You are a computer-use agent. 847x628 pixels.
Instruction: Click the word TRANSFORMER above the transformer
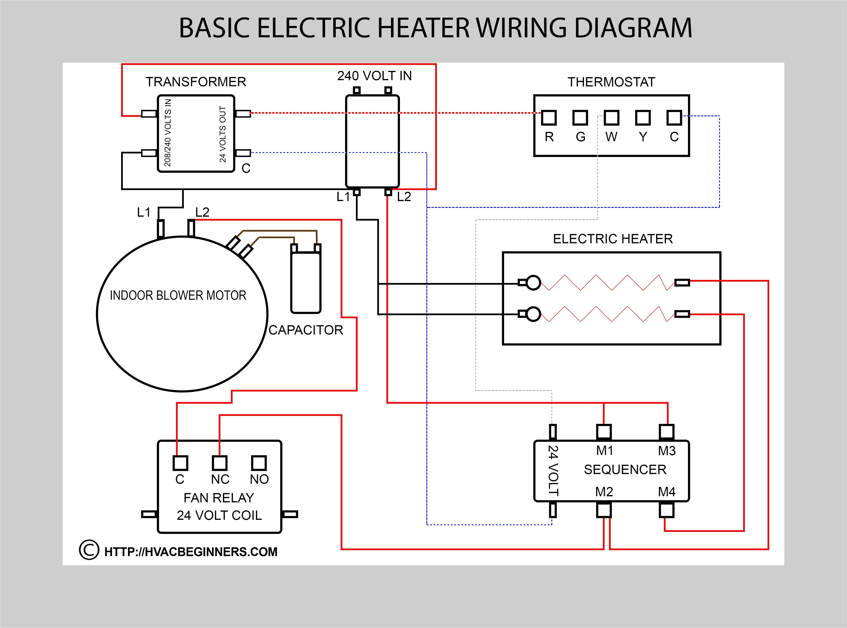point(196,82)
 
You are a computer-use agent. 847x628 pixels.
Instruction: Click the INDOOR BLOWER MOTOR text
point(178,295)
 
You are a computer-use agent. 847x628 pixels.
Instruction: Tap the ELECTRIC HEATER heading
point(613,239)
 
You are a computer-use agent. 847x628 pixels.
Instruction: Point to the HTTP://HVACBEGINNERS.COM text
point(191,552)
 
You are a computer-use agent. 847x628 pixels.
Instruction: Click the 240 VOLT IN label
point(374,76)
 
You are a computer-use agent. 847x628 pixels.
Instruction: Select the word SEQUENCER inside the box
point(625,469)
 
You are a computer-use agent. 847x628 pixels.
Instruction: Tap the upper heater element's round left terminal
point(533,282)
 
